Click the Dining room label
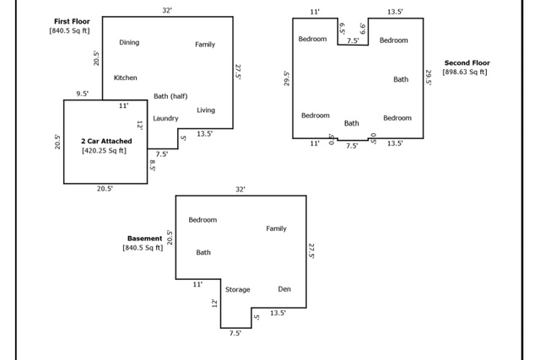pos(129,42)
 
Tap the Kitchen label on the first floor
pos(126,78)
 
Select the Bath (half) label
pos(170,96)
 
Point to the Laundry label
pos(165,118)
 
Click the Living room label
pos(206,110)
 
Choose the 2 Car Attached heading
pos(106,141)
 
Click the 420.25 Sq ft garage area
pos(104,151)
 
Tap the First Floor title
pos(72,21)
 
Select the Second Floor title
pos(467,63)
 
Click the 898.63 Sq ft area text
pos(465,72)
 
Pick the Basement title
pos(144,239)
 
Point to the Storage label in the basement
pos(238,290)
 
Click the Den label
pos(284,289)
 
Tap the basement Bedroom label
pos(202,220)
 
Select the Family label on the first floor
pos(205,45)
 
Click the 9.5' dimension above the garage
pos(83,94)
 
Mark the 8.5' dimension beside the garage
pos(153,165)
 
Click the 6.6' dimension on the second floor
pos(363,29)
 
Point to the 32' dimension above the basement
pos(240,190)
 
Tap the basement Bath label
pos(203,253)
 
